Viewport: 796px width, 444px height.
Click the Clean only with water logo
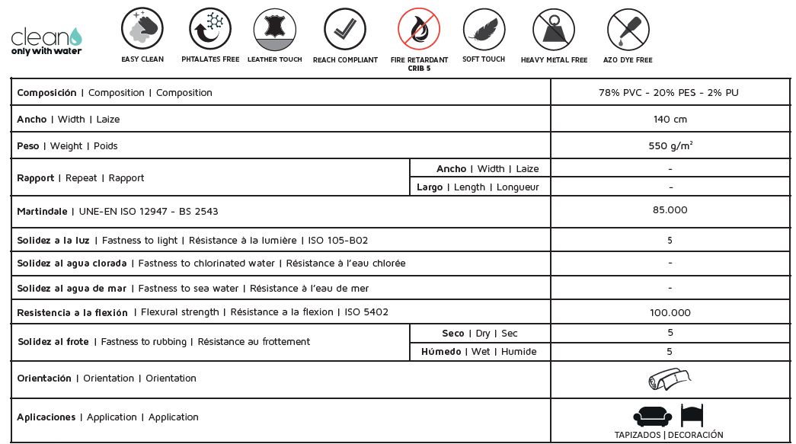(46, 40)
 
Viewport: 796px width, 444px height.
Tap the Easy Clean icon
(142, 29)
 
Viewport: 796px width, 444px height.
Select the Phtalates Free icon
(210, 29)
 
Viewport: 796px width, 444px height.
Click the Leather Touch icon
(275, 29)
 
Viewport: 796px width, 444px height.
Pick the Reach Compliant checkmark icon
(345, 29)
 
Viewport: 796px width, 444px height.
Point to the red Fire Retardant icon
(419, 29)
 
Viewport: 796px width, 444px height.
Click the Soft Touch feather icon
(484, 29)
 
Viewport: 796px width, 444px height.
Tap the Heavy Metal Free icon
(554, 29)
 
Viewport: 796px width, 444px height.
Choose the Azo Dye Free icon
(628, 29)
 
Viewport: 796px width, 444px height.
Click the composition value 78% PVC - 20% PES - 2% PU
(669, 93)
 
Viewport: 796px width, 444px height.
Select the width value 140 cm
(670, 120)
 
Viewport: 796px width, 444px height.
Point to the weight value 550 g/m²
(670, 145)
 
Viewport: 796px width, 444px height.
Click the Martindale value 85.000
(670, 210)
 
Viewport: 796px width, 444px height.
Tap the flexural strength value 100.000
(670, 313)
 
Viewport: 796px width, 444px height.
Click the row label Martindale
(42, 211)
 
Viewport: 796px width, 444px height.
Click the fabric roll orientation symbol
(670, 379)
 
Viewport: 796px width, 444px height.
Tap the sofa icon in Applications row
(652, 416)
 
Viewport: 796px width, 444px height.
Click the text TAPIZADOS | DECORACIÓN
(669, 436)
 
